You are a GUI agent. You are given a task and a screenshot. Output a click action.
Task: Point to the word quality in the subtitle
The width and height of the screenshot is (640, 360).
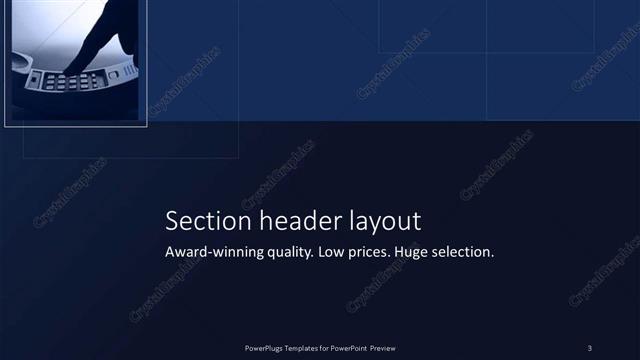click(x=288, y=254)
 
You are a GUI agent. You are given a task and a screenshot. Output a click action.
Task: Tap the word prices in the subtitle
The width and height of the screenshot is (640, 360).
click(x=371, y=254)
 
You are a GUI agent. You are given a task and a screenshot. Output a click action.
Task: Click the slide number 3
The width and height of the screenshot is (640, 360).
click(x=590, y=348)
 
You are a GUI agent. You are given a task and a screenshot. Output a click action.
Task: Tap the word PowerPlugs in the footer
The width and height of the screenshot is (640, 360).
click(x=265, y=348)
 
